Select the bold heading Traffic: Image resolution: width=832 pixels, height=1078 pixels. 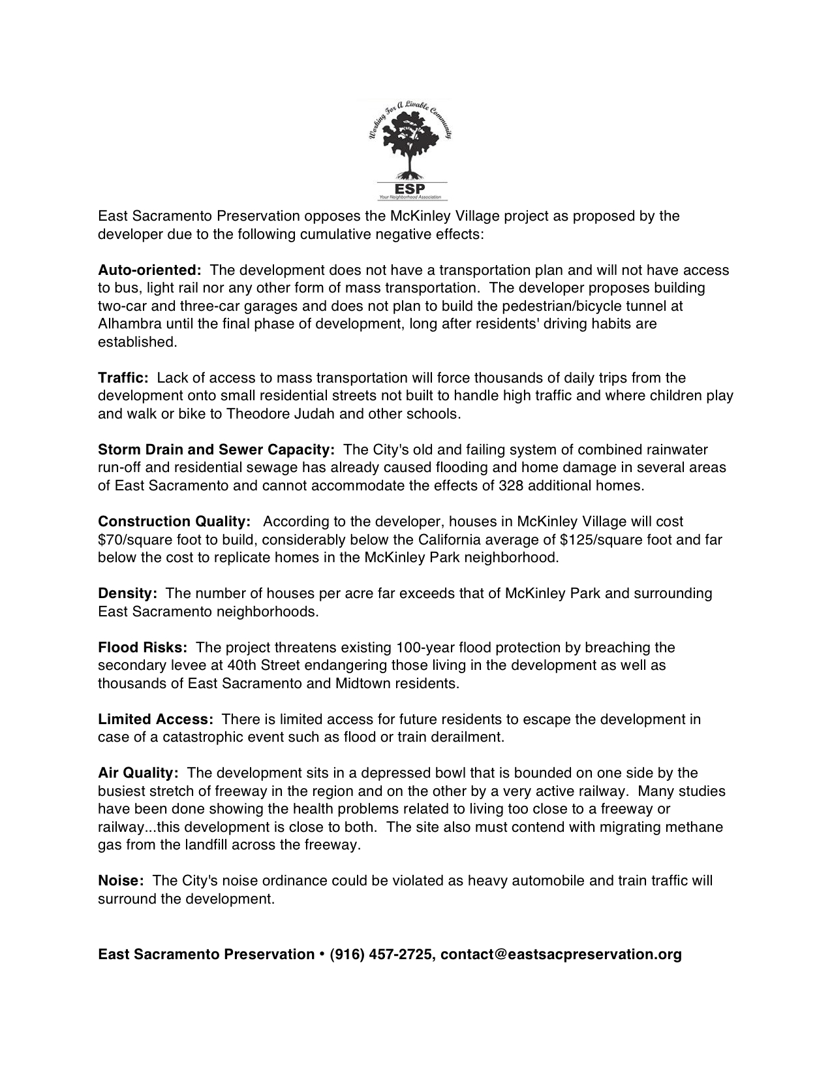[x=123, y=378]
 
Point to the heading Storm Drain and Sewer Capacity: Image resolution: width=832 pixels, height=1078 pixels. [x=216, y=450]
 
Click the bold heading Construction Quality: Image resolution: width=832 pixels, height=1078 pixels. [x=174, y=522]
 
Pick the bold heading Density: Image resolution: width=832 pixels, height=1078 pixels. [x=127, y=594]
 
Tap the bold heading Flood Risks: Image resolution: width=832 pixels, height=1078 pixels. [x=142, y=648]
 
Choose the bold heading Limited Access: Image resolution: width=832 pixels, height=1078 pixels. [x=155, y=720]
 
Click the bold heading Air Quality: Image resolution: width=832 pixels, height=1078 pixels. [x=138, y=773]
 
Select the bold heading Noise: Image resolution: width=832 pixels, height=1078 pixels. [x=121, y=881]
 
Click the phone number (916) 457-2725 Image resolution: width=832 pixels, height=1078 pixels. [x=381, y=955]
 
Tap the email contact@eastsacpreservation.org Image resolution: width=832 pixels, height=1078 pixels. [x=561, y=955]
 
